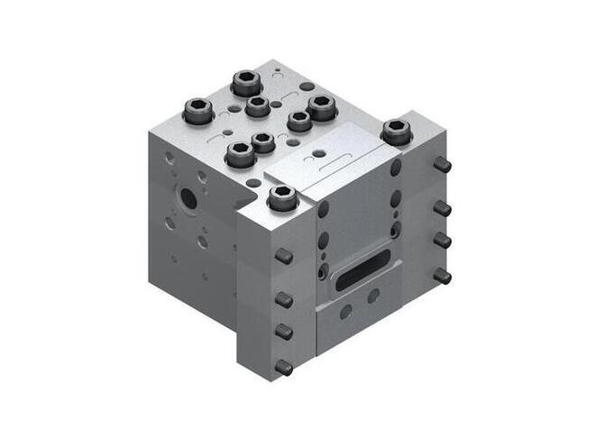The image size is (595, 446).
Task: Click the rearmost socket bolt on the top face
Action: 245,84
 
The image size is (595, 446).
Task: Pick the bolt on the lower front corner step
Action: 282,200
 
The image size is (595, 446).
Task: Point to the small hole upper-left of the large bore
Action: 169,158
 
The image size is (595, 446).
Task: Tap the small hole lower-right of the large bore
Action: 203,241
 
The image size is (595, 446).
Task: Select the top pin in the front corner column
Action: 283,256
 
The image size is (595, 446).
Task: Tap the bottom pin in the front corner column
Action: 284,367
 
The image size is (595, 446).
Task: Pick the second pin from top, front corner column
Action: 283,297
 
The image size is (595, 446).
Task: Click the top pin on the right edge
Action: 442,166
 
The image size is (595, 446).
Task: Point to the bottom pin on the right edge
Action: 443,276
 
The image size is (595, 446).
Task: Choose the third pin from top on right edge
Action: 443,241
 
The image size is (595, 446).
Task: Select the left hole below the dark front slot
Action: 346,311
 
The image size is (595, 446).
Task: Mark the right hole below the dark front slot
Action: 372,295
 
